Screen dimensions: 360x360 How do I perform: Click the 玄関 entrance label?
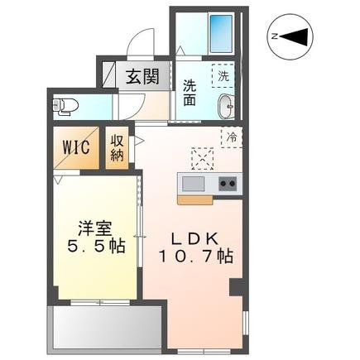pos(142,77)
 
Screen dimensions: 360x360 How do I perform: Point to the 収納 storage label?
pos(117,148)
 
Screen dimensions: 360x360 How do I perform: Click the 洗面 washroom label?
pos(190,91)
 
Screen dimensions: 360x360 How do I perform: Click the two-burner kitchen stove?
pos(226,183)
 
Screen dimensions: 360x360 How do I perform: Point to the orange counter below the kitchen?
pos(193,199)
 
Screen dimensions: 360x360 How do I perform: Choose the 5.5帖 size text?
pos(95,247)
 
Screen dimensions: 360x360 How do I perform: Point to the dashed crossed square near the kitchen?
pos(202,157)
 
